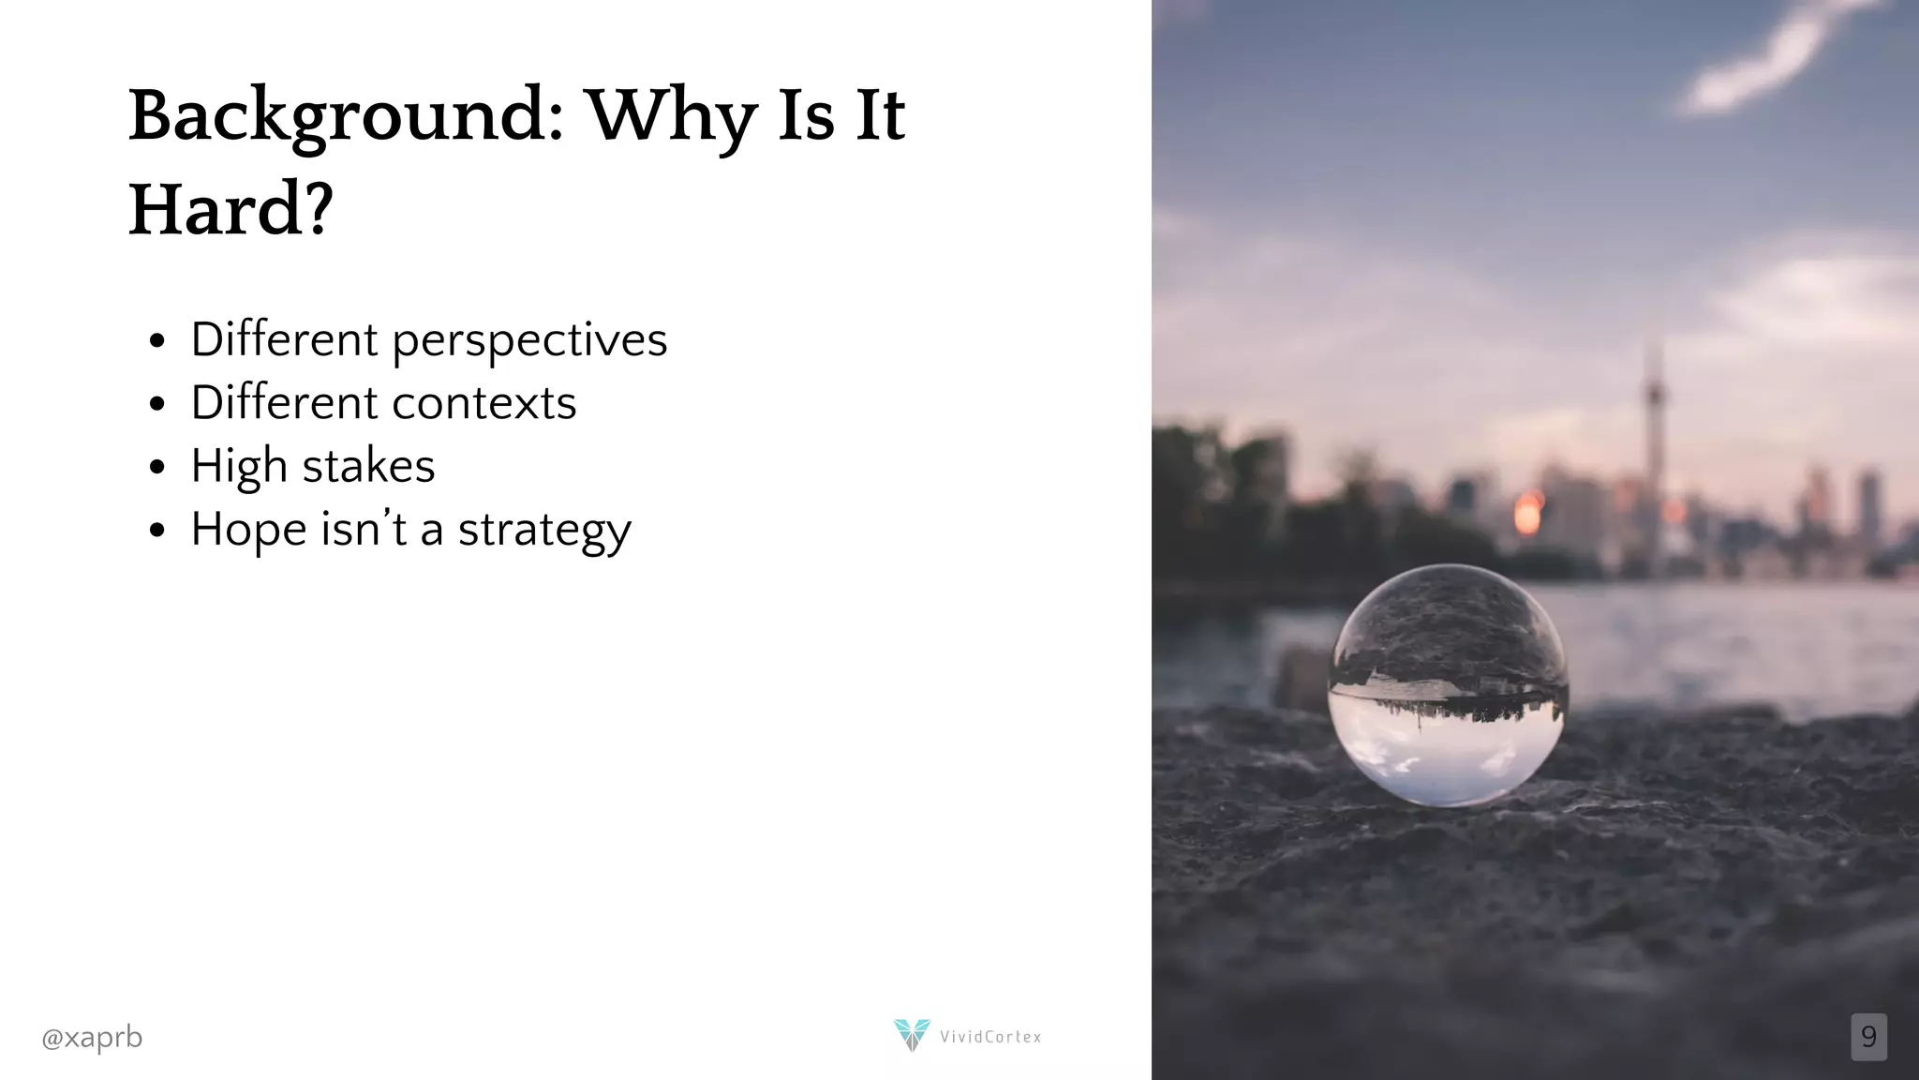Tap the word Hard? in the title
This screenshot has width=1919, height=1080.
tap(231, 210)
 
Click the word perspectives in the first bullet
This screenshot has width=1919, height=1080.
tap(529, 339)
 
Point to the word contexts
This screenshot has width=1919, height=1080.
tap(484, 403)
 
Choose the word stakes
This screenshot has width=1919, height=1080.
tap(368, 466)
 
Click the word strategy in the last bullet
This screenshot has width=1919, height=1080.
tap(544, 531)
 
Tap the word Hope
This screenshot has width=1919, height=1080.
tap(248, 531)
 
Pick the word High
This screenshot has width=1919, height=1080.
tap(238, 467)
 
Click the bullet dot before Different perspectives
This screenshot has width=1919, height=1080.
tap(156, 340)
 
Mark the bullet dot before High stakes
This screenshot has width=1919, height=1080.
tap(156, 467)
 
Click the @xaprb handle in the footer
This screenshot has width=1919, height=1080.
tap(92, 1038)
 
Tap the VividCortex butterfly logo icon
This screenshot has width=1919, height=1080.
tap(911, 1034)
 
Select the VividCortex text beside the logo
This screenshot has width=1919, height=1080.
tap(990, 1037)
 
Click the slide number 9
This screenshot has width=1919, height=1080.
tap(1868, 1037)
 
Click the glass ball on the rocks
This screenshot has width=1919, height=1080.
tap(1448, 685)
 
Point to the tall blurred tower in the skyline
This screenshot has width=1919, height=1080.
tap(1655, 422)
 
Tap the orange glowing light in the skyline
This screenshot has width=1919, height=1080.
tap(1527, 513)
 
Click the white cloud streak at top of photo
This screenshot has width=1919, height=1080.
tap(1762, 61)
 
